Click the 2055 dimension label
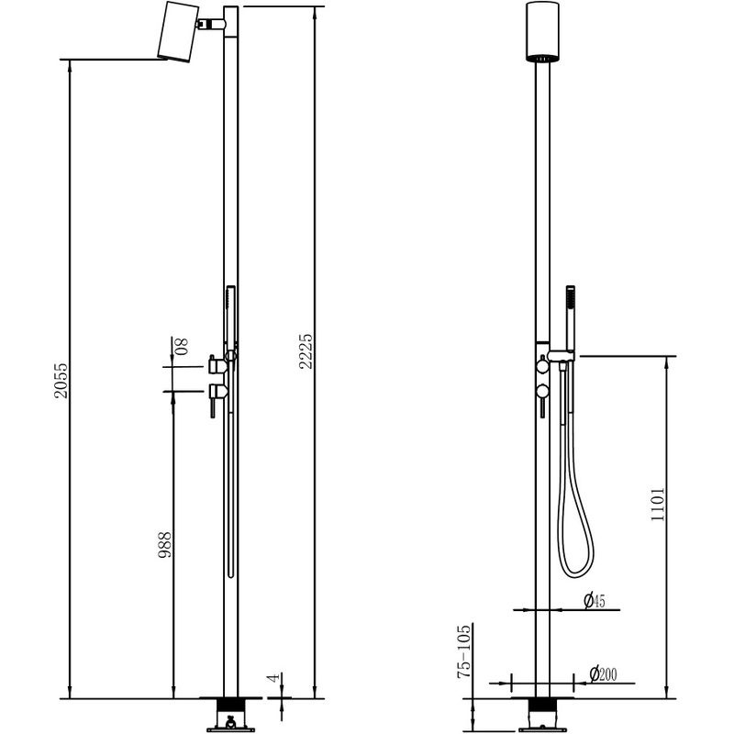(61, 381)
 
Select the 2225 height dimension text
(306, 351)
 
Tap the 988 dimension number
(164, 544)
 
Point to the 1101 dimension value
(658, 504)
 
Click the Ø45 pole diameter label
(595, 600)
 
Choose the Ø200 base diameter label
(603, 674)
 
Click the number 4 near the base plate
(275, 677)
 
